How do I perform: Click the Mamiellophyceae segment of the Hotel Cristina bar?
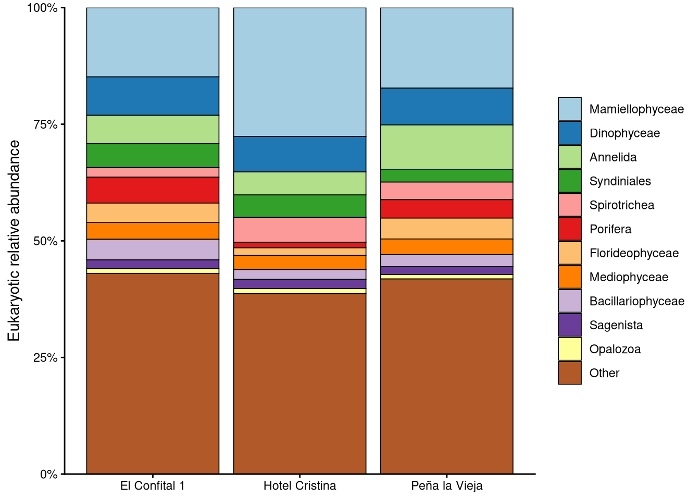[299, 72]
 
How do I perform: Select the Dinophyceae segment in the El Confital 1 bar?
[153, 96]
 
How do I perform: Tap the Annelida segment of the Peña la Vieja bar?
[447, 147]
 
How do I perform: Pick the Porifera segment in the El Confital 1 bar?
[153, 190]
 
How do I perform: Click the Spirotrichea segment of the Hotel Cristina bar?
[299, 230]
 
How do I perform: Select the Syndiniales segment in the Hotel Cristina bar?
[299, 206]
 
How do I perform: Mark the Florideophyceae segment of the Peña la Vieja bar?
[447, 229]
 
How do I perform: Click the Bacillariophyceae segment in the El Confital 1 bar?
[153, 249]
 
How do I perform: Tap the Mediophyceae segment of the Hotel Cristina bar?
[299, 262]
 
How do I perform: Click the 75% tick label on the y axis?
[45, 124]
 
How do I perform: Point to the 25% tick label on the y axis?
[45, 358]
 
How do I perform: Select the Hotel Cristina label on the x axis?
[299, 486]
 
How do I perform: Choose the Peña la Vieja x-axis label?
[447, 486]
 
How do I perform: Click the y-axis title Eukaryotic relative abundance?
[14, 241]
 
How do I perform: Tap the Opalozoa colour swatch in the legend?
[570, 349]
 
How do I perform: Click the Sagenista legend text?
[616, 325]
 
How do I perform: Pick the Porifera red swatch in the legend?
[570, 229]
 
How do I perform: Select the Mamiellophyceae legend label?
[636, 109]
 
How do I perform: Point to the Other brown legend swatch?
[570, 373]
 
